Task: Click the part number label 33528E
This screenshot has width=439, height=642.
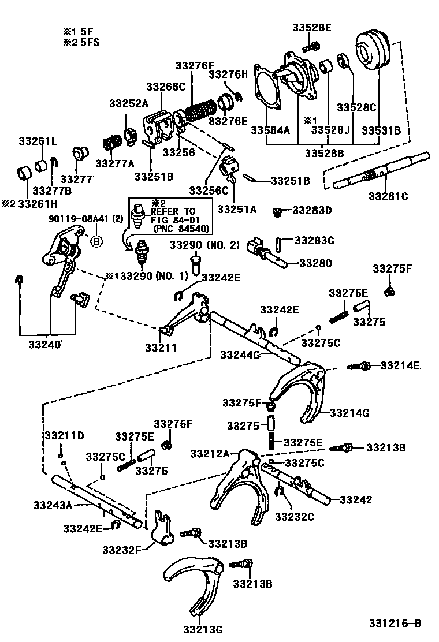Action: tap(311, 27)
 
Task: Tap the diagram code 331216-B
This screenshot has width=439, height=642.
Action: tap(396, 623)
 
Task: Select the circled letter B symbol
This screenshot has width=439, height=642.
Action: tap(96, 241)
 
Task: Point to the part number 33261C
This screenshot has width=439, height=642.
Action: tap(388, 196)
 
